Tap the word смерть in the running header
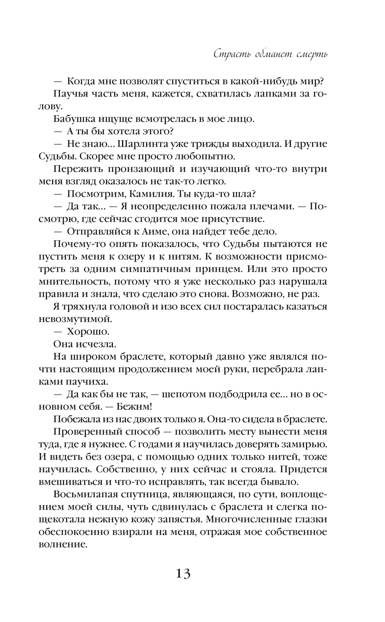[312, 54]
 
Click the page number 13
[183, 574]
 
